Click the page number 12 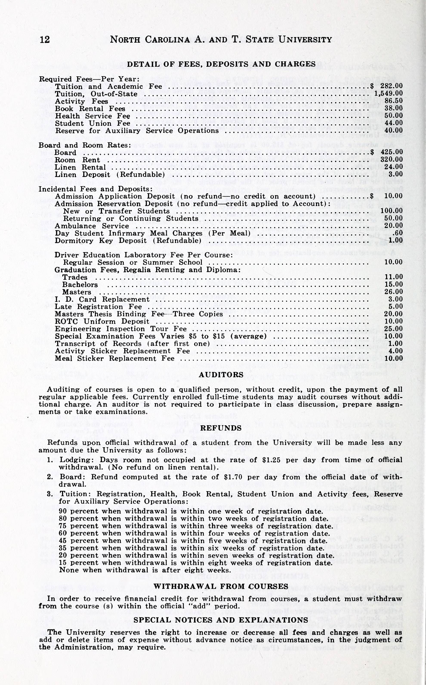(45, 39)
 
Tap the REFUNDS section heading (221, 428)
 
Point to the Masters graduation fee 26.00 (394, 292)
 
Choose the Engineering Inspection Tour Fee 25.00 (394, 329)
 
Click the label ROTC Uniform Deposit (102, 321)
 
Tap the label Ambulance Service (92, 226)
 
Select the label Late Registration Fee (98, 306)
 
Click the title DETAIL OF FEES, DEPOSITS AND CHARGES (221, 64)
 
